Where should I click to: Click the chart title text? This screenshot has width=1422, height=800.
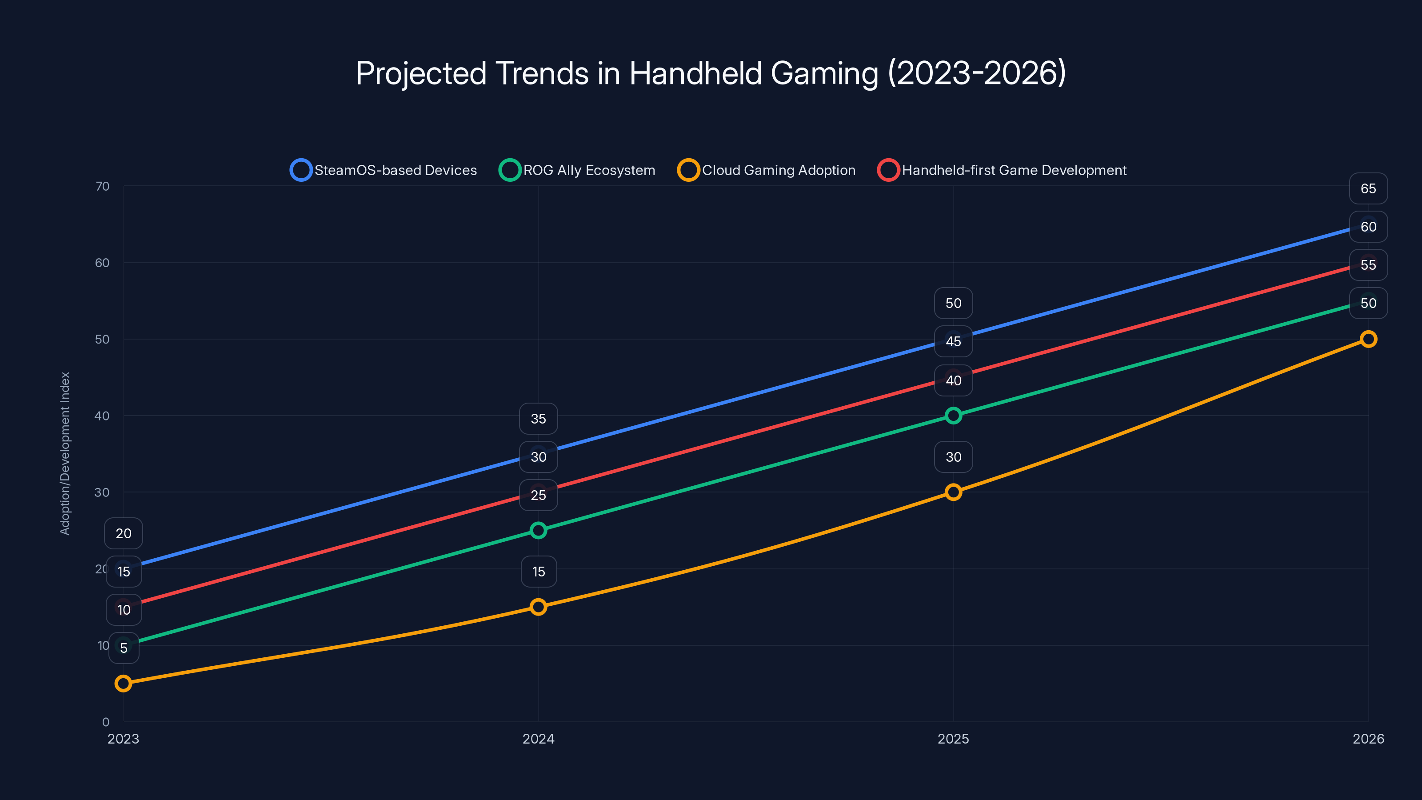711,73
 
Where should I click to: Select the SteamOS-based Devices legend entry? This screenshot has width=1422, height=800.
383,170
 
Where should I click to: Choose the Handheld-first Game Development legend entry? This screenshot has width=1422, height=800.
1002,170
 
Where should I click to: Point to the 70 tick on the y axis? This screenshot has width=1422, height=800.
102,186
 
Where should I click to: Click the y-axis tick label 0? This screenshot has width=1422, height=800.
105,722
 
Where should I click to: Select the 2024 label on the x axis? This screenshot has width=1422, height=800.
538,739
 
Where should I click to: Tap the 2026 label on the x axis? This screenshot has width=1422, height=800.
1368,739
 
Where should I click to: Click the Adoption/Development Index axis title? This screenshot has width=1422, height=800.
65,453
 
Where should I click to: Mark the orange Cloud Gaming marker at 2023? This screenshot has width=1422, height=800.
123,684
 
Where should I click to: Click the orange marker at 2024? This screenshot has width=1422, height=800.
538,607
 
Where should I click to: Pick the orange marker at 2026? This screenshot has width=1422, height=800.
1368,339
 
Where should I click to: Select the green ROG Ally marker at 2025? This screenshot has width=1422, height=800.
953,416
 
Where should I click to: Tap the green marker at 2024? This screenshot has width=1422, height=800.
538,531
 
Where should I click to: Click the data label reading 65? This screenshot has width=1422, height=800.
1368,189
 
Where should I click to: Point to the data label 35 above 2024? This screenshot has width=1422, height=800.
538,419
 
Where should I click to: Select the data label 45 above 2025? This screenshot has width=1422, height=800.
953,342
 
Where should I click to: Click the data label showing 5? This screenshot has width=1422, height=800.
124,648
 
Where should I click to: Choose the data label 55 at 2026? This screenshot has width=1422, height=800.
1368,265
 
